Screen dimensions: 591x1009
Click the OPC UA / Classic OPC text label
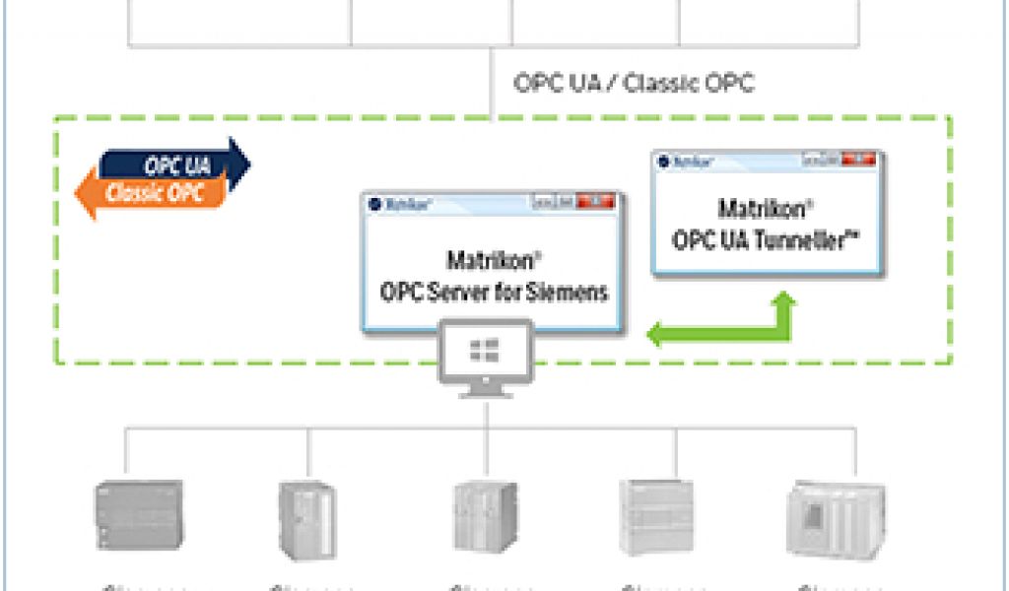634,82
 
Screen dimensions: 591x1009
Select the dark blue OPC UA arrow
187,163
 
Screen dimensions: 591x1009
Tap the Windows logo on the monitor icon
485,350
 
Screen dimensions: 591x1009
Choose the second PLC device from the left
306,519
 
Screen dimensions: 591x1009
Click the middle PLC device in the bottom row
485,519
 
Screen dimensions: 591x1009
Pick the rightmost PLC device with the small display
836,519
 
